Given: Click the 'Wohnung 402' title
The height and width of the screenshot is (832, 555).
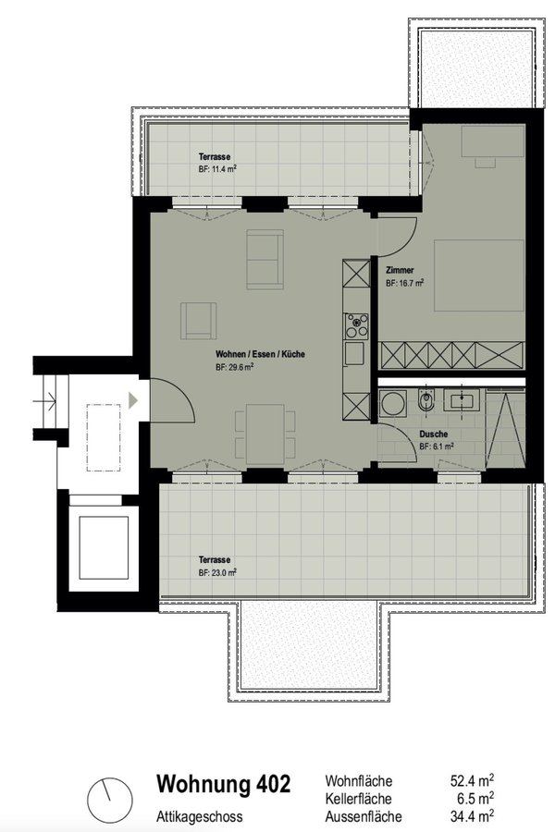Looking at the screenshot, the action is coord(224,784).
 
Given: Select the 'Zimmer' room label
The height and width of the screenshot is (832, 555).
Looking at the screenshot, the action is coord(400,270).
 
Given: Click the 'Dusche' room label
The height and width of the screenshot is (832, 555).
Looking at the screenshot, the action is coord(434,434).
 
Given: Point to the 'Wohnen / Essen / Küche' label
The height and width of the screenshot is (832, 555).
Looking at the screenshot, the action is coord(260,354).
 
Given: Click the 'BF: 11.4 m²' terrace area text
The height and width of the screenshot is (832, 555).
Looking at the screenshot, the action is coord(217,170).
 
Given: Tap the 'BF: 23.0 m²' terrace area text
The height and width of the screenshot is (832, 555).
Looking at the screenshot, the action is coord(217,572).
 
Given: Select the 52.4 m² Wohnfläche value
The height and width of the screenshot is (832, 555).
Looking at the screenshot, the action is coord(472,780).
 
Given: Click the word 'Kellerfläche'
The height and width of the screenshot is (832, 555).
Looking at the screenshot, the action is coord(359,799).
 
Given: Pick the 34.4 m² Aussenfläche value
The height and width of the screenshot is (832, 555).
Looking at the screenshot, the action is coord(472,815).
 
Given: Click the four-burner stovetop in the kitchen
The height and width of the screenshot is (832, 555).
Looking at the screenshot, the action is coord(356,326).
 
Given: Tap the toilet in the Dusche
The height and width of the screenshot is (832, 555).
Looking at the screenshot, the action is coord(425,400).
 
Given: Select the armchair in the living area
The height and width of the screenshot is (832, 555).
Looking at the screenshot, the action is coord(198,321).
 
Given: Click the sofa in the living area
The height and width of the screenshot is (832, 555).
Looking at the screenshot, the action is coord(265,260).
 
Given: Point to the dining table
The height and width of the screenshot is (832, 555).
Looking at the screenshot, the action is coord(265,434).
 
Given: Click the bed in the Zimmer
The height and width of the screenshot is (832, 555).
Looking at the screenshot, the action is coord(479,275).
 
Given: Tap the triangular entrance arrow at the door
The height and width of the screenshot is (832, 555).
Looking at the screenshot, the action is coord(133,400).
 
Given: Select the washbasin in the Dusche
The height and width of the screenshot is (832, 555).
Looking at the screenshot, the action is coord(462,399).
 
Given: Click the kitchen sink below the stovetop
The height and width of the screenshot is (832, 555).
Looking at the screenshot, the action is coord(354,353).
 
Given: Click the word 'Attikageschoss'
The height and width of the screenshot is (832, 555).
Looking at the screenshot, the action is coord(199,816).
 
